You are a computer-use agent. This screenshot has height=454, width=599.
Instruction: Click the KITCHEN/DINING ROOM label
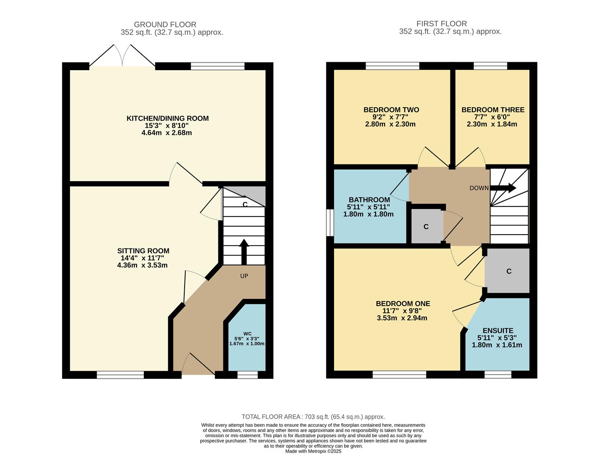[x=167, y=119]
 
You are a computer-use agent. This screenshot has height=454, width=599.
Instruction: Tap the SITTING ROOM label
[x=143, y=251]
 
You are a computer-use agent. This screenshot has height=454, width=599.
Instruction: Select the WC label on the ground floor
[x=247, y=334]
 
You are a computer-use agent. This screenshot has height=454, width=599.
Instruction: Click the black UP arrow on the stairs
[x=244, y=251]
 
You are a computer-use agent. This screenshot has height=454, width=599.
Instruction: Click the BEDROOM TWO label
[x=391, y=110]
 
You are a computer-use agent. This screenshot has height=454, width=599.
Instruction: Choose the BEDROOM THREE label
[x=493, y=110]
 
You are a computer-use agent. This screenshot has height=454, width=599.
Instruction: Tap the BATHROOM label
[x=369, y=200]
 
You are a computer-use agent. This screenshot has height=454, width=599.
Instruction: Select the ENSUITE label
[x=498, y=331]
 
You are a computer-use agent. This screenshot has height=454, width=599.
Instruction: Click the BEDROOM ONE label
[x=403, y=304]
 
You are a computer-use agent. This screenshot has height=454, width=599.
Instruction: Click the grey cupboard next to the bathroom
[x=426, y=227]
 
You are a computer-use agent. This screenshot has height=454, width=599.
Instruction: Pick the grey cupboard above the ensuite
[x=508, y=271]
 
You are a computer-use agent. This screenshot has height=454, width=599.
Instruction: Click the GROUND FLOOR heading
[x=165, y=24]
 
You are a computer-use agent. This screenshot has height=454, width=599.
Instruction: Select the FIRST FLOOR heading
[x=441, y=24]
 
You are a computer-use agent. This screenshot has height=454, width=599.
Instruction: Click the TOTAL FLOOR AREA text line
[x=313, y=417]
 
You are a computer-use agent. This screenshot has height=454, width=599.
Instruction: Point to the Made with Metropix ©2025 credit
[x=313, y=451]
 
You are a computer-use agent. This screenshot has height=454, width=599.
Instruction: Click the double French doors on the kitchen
[x=122, y=57]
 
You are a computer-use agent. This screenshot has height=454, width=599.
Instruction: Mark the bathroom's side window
[x=330, y=222]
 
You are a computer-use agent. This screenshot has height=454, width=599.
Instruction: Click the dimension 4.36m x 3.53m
[x=142, y=265]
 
